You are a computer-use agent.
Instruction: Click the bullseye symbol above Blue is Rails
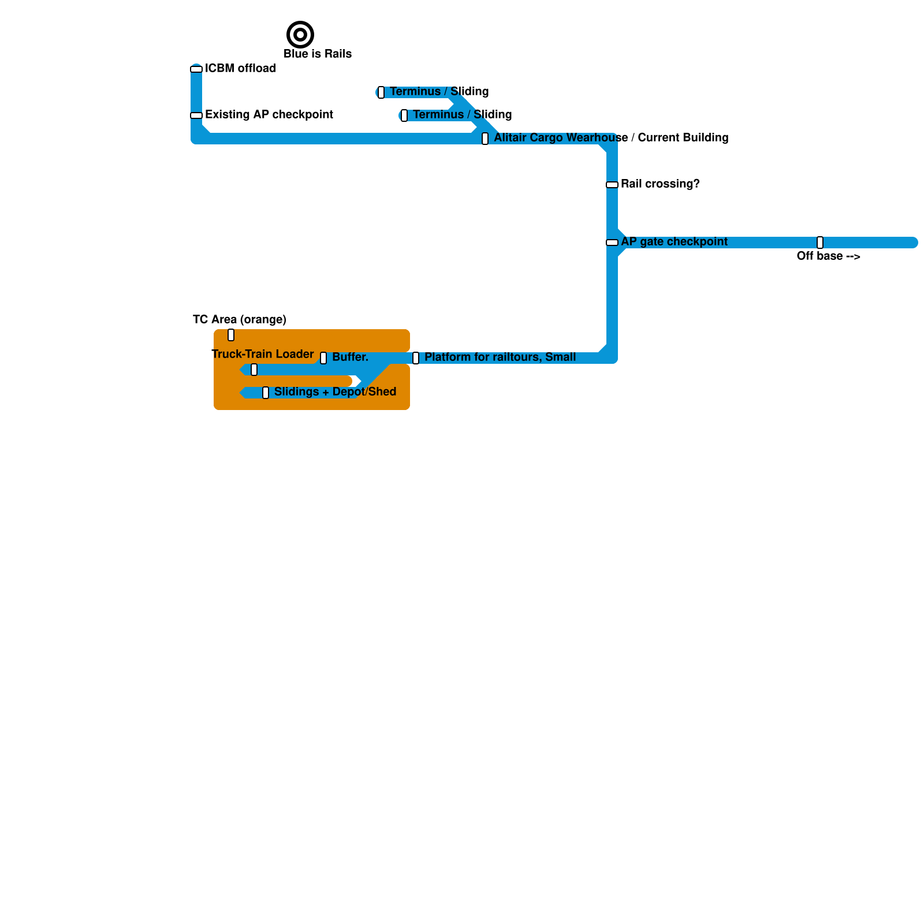(300, 35)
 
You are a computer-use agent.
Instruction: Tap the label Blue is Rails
(318, 54)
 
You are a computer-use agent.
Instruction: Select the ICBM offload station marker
(196, 69)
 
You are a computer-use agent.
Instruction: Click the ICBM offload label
(240, 68)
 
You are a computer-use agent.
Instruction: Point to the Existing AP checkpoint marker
(196, 115)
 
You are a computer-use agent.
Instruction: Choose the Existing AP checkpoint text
(269, 114)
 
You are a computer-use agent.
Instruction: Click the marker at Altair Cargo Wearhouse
(485, 139)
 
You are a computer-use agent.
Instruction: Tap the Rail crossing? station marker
(612, 185)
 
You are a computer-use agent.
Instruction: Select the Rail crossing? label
(660, 184)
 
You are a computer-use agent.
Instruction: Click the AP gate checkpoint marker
(612, 243)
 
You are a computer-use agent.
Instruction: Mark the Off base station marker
(820, 243)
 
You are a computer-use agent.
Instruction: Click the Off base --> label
(829, 256)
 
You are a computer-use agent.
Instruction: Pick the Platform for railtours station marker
(416, 358)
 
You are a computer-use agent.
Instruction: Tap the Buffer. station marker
(323, 358)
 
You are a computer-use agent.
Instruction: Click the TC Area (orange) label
(240, 319)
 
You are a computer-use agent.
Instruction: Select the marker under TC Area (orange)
(231, 335)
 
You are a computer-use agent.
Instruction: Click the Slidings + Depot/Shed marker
(266, 393)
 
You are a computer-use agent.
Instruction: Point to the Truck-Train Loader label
(263, 354)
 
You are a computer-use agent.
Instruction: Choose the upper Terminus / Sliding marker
(381, 92)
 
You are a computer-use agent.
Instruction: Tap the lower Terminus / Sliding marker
(404, 115)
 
